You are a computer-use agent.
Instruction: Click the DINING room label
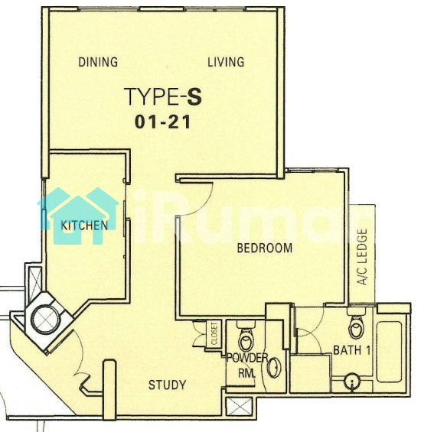pos(98,62)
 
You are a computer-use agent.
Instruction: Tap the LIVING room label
pos(226,62)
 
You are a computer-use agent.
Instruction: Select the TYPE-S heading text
pos(163,96)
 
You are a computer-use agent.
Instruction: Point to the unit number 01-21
pos(163,122)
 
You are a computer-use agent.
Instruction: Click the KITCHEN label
pos(84,226)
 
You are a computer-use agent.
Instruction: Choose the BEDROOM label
pos(265,248)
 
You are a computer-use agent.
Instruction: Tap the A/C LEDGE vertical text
pos(362,257)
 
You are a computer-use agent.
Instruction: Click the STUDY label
pos(167,385)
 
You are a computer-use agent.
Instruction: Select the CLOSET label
pos(214,333)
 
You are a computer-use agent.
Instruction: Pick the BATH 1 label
pos(352,350)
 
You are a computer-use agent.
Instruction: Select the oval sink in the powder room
pos(274,368)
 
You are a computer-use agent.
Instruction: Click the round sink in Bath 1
pos(352,382)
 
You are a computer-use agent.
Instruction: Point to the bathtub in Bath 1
pos(389,352)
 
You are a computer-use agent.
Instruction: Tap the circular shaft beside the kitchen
pos(45,319)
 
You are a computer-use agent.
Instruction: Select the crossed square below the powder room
pos(239,406)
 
